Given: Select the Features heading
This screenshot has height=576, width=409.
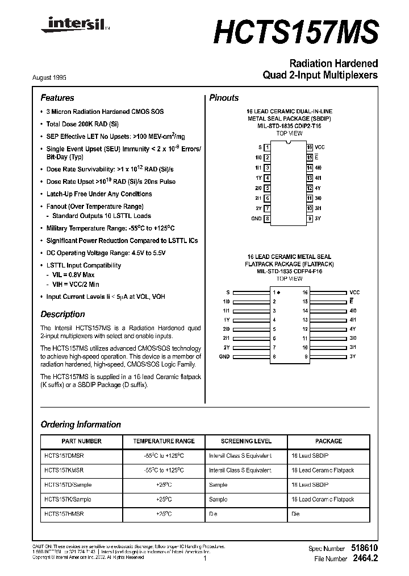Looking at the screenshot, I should click(57, 98).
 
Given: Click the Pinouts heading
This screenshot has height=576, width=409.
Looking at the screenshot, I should click(224, 98).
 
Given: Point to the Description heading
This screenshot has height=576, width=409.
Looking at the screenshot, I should click(62, 314).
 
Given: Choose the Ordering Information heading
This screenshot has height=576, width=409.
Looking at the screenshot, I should click(81, 425).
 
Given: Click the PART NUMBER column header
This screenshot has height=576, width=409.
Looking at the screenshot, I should click(81, 441).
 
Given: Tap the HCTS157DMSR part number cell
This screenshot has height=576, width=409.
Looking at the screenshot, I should click(64, 456).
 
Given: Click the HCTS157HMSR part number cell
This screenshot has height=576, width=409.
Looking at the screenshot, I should click(64, 514).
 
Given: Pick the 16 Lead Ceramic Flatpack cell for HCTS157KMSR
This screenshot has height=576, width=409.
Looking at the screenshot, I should click(322, 470).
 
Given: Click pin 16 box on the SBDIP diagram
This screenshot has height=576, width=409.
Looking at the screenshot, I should click(310, 147).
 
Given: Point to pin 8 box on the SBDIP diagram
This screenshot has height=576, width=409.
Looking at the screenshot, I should click(267, 219).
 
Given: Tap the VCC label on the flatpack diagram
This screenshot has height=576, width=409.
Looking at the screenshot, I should click(354, 292).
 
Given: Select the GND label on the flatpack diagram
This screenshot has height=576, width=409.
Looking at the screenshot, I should click(224, 356).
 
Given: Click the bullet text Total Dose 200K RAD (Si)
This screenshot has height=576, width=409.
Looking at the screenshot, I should click(82, 124).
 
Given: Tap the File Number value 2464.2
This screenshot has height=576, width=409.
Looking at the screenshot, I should click(365, 559).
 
